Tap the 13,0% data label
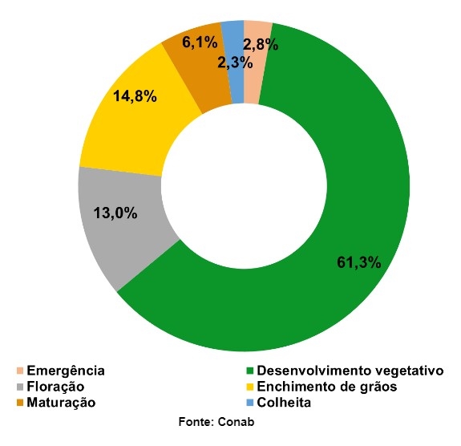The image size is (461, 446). click(115, 213)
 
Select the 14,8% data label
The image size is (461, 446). click(134, 96)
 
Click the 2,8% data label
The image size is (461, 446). click(261, 46)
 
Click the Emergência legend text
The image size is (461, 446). click(66, 371)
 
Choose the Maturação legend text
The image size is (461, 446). click(61, 403)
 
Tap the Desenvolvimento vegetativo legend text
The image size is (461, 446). click(350, 371)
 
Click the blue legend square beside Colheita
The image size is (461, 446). click(249, 403)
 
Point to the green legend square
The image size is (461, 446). click(249, 371)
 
